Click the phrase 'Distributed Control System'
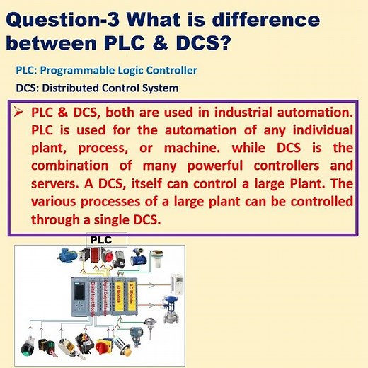[x=117, y=88]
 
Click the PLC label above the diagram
[x=105, y=241]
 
